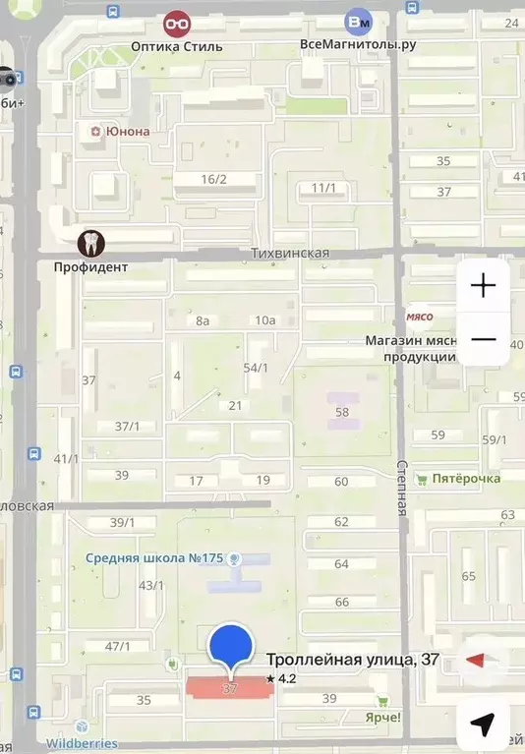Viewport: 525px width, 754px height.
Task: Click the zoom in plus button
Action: click(x=483, y=286)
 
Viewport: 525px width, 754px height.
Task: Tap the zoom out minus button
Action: click(x=483, y=339)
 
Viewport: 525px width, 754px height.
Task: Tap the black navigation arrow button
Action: click(x=482, y=725)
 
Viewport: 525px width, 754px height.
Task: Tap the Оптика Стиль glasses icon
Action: click(x=177, y=23)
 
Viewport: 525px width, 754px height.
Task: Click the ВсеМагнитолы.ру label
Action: click(x=358, y=45)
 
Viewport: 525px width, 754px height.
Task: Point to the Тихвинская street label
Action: click(x=296, y=254)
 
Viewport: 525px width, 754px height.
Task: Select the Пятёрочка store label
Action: click(x=466, y=479)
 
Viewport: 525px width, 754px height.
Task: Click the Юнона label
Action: click(x=128, y=132)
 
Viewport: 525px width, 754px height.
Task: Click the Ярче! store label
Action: click(x=382, y=718)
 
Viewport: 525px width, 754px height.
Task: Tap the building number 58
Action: click(x=342, y=412)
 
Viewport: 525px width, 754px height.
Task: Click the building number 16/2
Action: click(x=213, y=179)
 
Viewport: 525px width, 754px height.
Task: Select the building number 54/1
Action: click(x=256, y=368)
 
